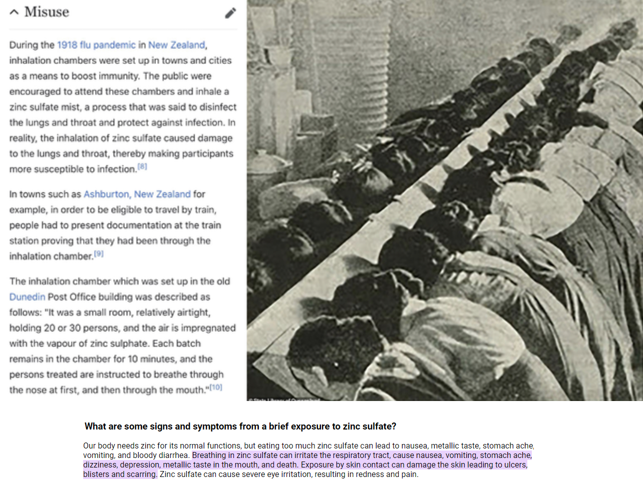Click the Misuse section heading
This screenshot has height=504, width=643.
click(47, 12)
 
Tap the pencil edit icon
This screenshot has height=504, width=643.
click(230, 13)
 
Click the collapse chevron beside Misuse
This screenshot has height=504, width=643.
click(14, 12)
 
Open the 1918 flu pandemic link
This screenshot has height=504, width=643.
click(96, 45)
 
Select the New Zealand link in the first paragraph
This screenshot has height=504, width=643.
click(176, 45)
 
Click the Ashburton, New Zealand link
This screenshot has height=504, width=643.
click(137, 194)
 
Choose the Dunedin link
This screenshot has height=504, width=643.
click(27, 297)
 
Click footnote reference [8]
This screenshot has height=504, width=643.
click(143, 166)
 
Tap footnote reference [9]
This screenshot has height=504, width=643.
click(99, 253)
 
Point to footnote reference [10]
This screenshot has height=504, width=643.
click(216, 387)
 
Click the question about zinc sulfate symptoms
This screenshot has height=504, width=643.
click(240, 426)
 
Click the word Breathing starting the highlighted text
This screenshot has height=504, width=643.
click(209, 455)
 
